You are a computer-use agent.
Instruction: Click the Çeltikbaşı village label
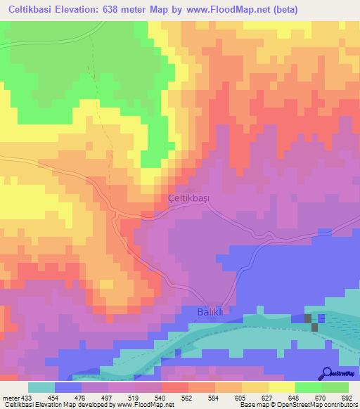point(189,198)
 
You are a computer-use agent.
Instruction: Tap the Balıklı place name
point(208,312)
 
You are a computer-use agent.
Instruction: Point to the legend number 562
point(188,398)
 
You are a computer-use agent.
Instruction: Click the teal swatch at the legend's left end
point(41,387)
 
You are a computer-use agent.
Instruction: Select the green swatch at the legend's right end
point(335,387)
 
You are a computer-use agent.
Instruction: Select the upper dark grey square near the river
point(308,319)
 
